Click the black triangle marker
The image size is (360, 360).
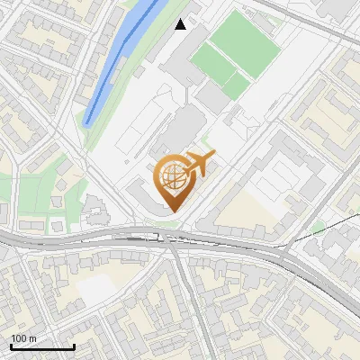click(x=181, y=24)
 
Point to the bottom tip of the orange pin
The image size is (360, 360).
click(x=174, y=211)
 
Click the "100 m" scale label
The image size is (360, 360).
click(x=23, y=338)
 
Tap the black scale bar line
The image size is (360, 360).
click(x=42, y=346)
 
